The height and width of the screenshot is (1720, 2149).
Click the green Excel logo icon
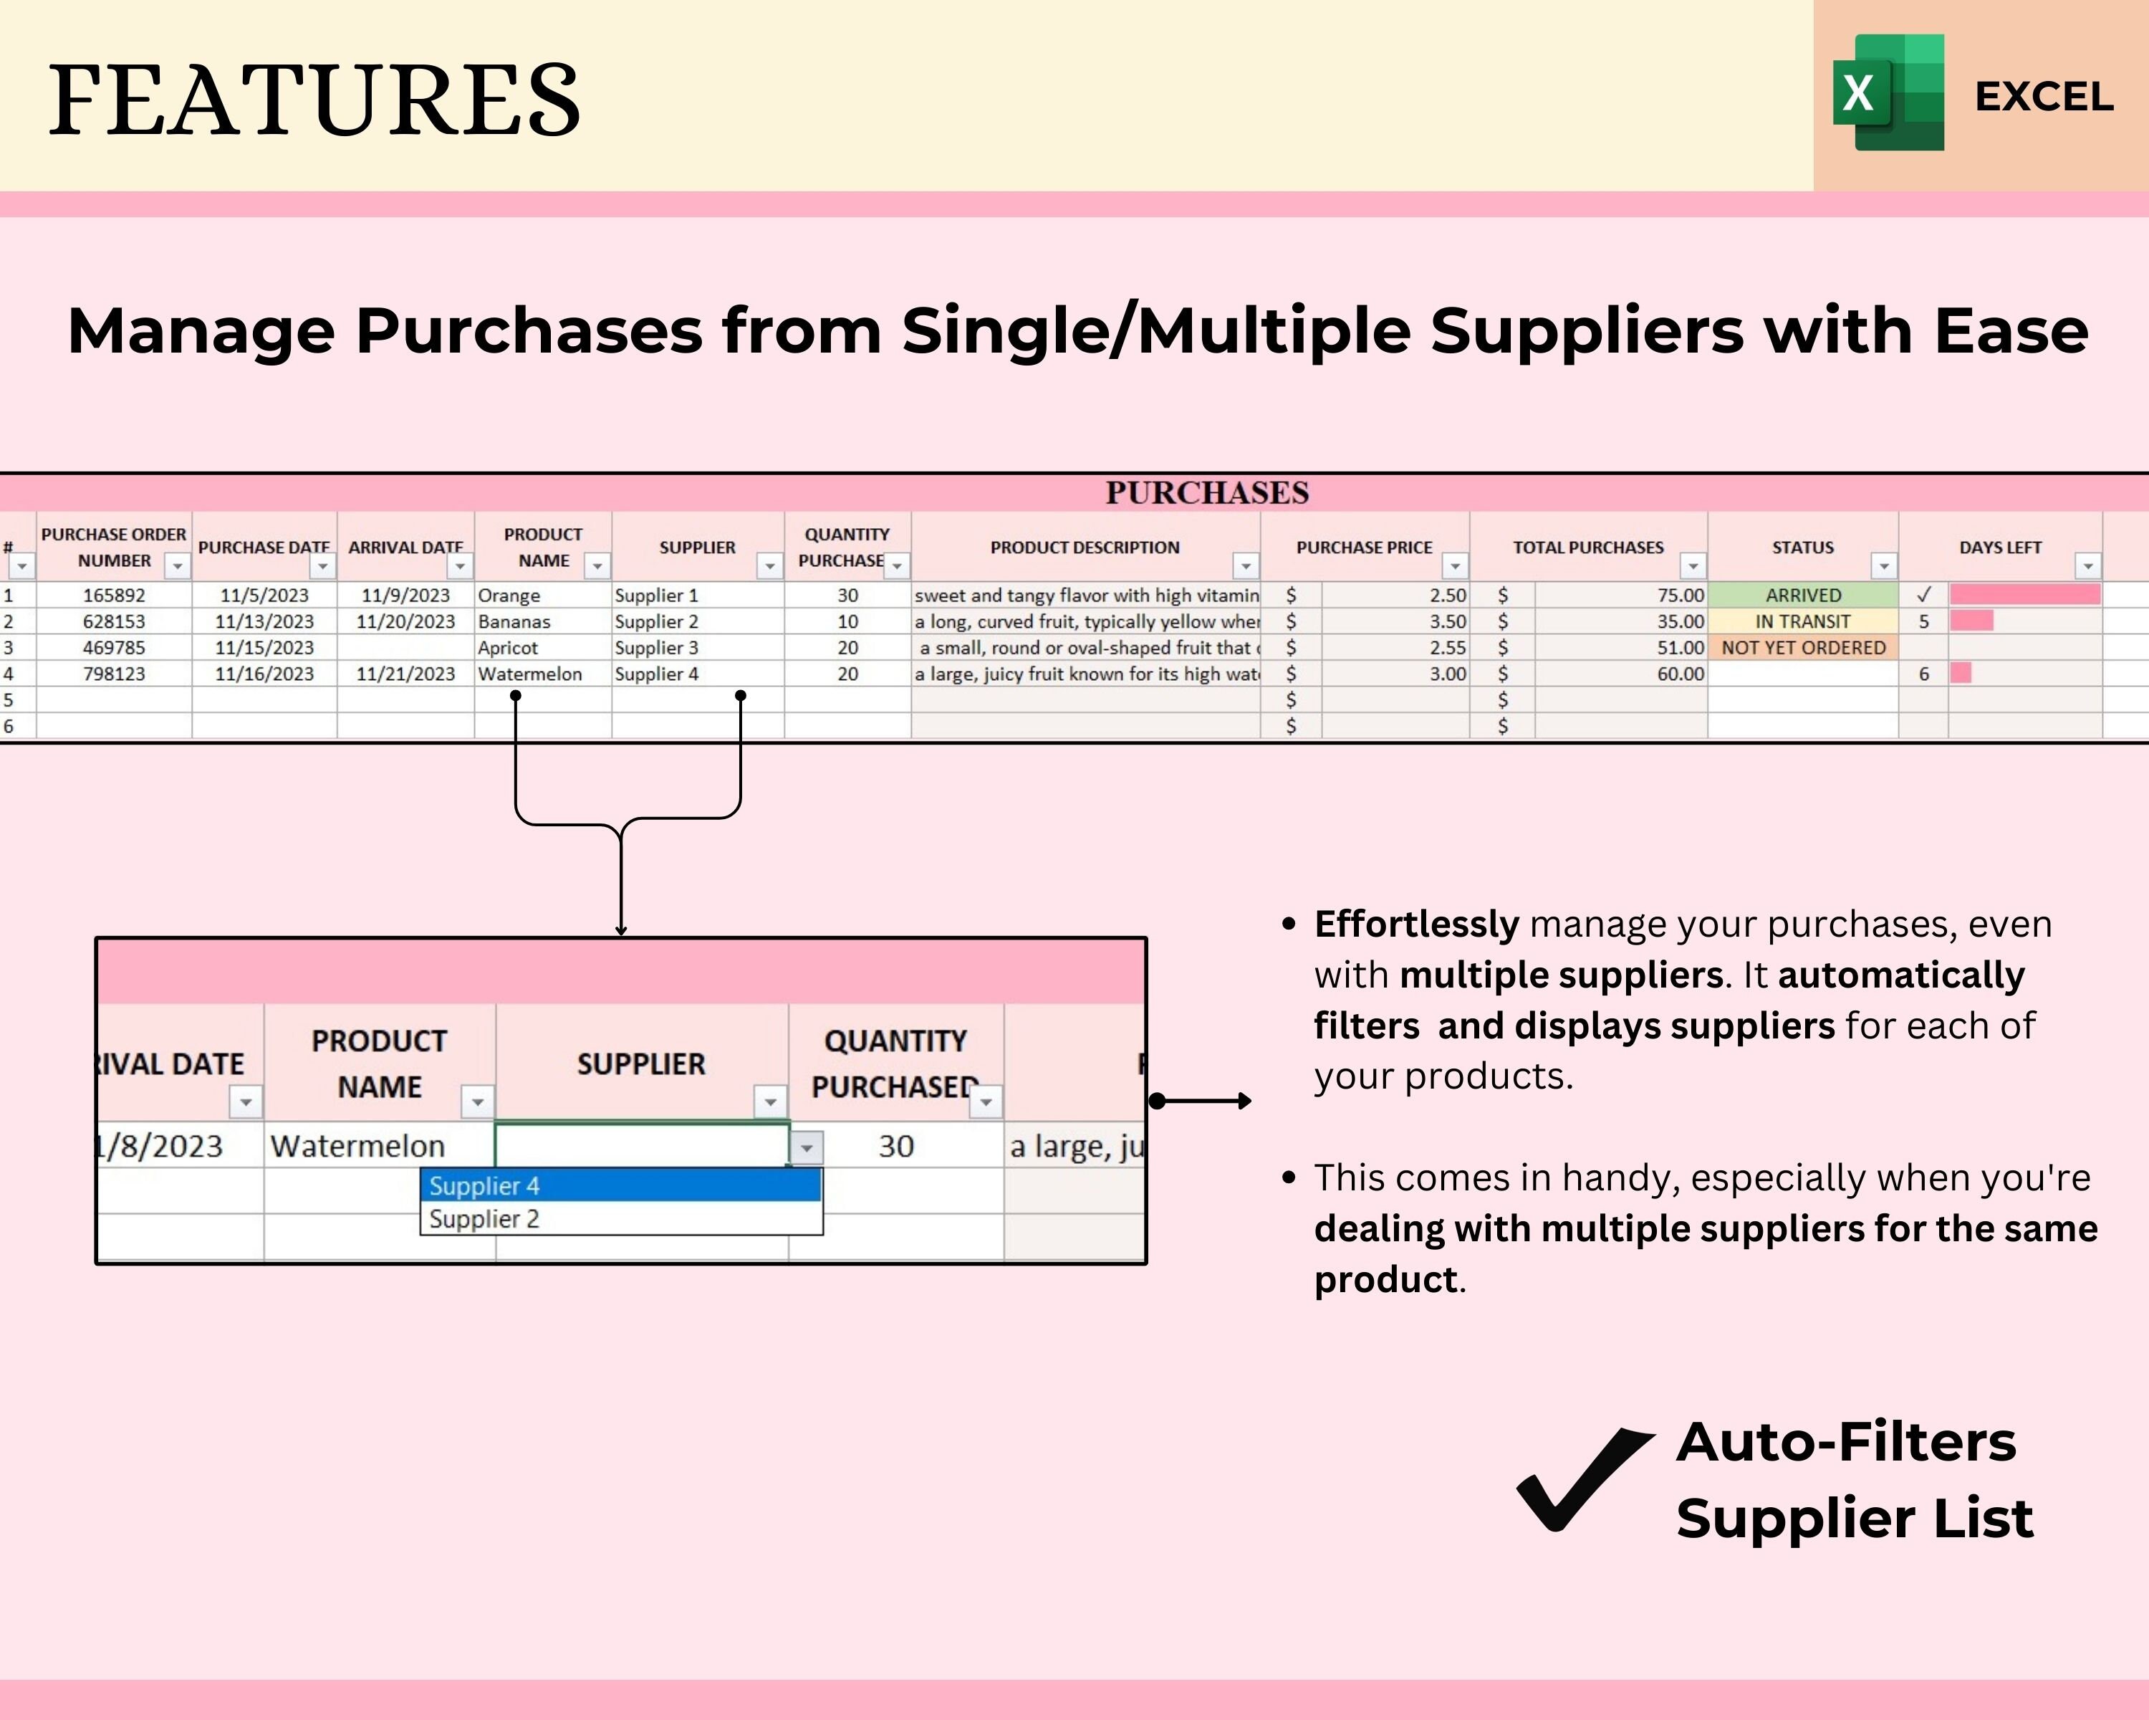(x=1888, y=92)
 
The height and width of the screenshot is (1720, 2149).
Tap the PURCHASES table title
(x=1206, y=492)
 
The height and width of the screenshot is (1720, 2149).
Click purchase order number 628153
(x=114, y=621)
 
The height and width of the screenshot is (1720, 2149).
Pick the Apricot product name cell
(x=509, y=647)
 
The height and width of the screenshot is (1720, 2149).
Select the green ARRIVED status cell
(x=1802, y=596)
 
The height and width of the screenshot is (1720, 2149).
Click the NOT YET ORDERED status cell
(x=1802, y=647)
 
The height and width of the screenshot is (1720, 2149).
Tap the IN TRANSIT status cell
(x=1802, y=621)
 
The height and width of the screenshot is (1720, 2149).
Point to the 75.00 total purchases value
(x=1680, y=596)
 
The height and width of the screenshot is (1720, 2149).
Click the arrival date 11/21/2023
(x=405, y=674)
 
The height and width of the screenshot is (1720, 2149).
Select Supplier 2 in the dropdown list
(x=484, y=1218)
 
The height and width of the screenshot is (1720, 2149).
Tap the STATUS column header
(x=1802, y=548)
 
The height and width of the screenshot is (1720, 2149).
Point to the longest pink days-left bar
(x=2024, y=596)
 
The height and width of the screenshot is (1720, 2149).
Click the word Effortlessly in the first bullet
(x=1416, y=924)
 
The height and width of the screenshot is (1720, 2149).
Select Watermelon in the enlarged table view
(x=357, y=1146)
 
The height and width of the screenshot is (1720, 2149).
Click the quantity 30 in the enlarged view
(x=895, y=1146)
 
